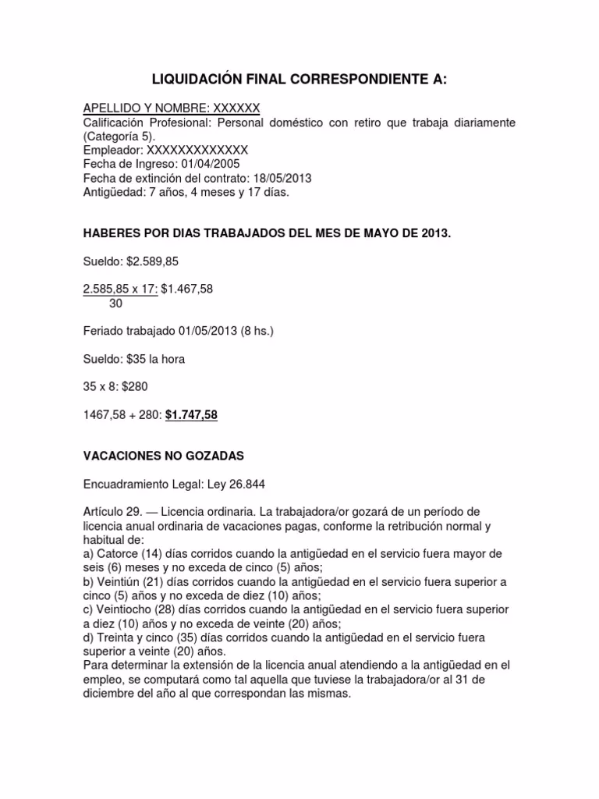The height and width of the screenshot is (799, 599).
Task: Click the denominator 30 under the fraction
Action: click(116, 304)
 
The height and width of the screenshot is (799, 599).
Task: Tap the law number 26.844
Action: click(243, 484)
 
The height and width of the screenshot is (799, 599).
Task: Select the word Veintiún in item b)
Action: click(118, 581)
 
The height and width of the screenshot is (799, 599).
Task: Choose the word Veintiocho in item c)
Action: click(124, 609)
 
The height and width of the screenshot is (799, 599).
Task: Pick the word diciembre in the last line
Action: click(108, 693)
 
